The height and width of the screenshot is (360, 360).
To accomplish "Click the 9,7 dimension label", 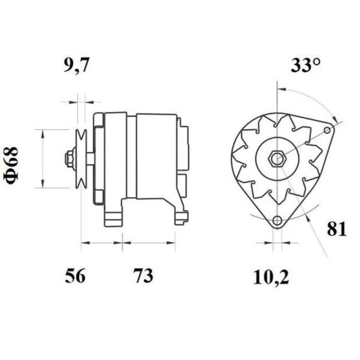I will (x=76, y=66).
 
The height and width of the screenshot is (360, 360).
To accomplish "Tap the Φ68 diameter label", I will (x=13, y=164).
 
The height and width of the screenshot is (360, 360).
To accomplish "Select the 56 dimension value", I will (x=75, y=276).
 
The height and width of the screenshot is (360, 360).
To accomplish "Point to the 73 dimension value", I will (x=143, y=276).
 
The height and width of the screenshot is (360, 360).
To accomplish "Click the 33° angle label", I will (x=306, y=66).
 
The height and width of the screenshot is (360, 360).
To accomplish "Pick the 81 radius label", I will (x=337, y=229).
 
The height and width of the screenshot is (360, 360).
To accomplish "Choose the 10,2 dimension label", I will (x=270, y=277).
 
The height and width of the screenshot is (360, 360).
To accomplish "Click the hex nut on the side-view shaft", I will (x=70, y=159).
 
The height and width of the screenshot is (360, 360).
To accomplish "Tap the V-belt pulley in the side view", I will (x=81, y=158).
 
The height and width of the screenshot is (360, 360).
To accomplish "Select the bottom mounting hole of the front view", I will (x=278, y=220).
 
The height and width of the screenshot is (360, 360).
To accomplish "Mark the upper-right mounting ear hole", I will (x=328, y=130).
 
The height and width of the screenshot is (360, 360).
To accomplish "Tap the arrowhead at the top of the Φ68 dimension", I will (x=43, y=132).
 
